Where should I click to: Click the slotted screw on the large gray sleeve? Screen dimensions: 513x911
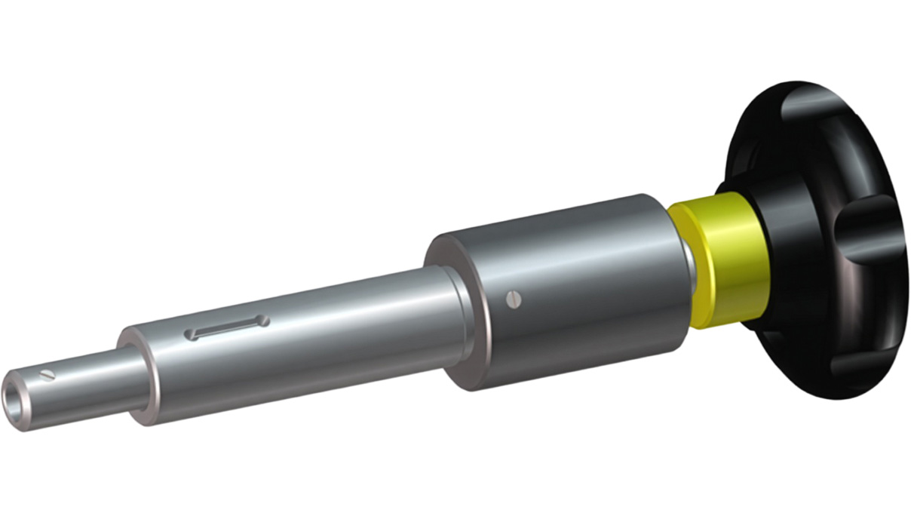[x=514, y=299]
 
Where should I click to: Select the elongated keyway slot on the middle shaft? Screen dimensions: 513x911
[x=227, y=327]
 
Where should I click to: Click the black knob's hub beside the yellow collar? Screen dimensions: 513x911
[x=762, y=256]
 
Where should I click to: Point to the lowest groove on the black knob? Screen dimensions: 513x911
[x=852, y=370]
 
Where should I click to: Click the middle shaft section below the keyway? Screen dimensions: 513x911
[x=302, y=355]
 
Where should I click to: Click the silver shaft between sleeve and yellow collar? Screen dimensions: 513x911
[x=688, y=264]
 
